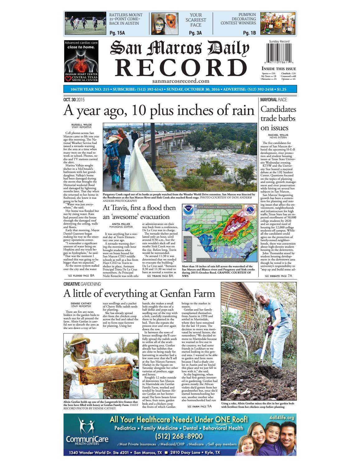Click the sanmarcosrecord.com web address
click(181, 81)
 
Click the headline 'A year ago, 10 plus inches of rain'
click(159, 111)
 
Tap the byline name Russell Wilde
click(82, 125)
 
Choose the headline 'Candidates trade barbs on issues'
click(278, 118)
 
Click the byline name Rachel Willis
click(278, 135)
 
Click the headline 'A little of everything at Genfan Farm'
click(139, 293)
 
